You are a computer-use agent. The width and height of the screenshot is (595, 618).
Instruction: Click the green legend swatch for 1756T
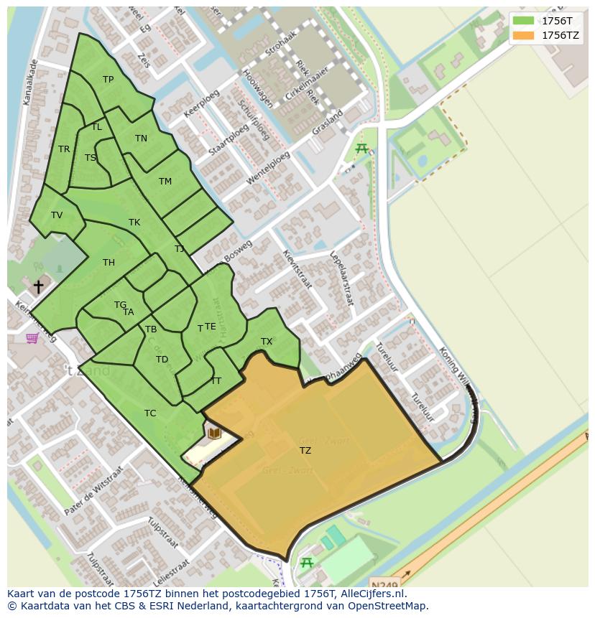coord(524,20)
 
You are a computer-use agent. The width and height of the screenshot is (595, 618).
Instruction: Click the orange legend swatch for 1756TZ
coord(524,34)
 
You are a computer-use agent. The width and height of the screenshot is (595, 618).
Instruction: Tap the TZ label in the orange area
coord(305,451)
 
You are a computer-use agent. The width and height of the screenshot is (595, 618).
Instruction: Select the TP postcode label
coord(108,80)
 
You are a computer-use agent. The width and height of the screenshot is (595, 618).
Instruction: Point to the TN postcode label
coord(141,139)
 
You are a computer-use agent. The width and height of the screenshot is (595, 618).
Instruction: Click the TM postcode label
coord(165,182)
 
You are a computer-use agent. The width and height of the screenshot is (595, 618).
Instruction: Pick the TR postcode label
coord(64,149)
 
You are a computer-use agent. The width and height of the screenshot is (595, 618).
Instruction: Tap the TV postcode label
coord(57,215)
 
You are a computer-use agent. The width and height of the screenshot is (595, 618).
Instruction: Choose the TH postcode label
coord(109,263)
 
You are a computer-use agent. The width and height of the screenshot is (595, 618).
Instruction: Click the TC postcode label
coord(150,413)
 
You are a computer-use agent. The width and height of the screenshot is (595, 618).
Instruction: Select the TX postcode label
coord(267,342)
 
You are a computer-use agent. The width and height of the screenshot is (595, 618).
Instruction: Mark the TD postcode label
coord(162,360)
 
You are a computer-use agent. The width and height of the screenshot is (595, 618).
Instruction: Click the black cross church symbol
coord(38,286)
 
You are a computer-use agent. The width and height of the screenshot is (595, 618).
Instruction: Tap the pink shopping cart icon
coord(32,337)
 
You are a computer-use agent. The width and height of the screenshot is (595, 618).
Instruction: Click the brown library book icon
coord(214,433)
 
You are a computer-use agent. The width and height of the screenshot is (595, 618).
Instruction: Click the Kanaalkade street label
coord(30,83)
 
